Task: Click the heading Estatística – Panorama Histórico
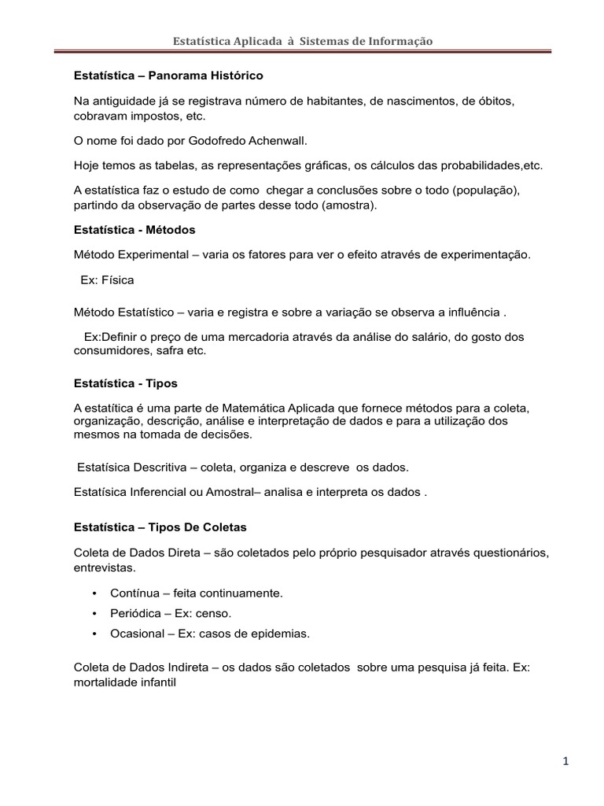168,76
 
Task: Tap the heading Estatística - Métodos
134,230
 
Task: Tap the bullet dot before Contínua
95,593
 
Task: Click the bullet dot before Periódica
95,613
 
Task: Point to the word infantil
157,683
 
